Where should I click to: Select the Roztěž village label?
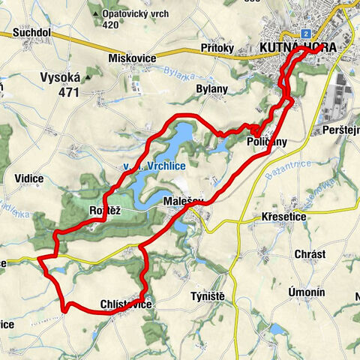tap(105, 211)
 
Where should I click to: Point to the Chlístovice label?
tap(126, 304)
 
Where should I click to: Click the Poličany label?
tap(266, 142)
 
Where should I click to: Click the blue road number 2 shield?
tap(306, 34)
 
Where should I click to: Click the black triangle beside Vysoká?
tap(88, 76)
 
